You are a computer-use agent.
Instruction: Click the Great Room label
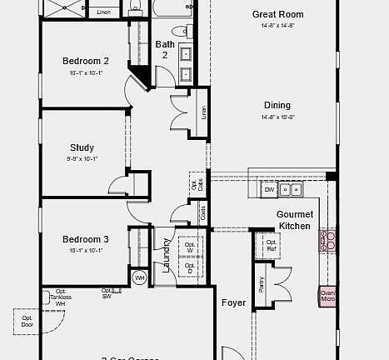pyautogui.click(x=277, y=14)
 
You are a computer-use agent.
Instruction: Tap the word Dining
pyautogui.click(x=277, y=105)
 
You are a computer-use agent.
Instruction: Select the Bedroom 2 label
pyautogui.click(x=86, y=61)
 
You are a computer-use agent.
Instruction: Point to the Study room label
pyautogui.click(x=82, y=147)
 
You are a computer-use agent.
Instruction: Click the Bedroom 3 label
pyautogui.click(x=86, y=239)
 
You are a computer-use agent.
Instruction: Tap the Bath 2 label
pyautogui.click(x=165, y=49)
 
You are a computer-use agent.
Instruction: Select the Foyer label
pyautogui.click(x=233, y=302)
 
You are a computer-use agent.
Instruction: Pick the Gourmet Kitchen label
pyautogui.click(x=294, y=220)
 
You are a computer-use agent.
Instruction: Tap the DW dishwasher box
pyautogui.click(x=269, y=190)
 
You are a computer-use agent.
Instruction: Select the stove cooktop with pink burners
pyautogui.click(x=327, y=241)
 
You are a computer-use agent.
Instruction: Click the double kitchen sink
pyautogui.click(x=291, y=190)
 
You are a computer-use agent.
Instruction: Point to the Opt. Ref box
pyautogui.click(x=271, y=244)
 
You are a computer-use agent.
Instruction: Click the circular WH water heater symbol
pyautogui.click(x=139, y=277)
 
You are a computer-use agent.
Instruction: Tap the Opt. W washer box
pyautogui.click(x=189, y=248)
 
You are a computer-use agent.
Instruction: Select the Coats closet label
pyautogui.click(x=204, y=212)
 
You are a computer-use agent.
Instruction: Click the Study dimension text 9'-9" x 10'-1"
pyautogui.click(x=82, y=158)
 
